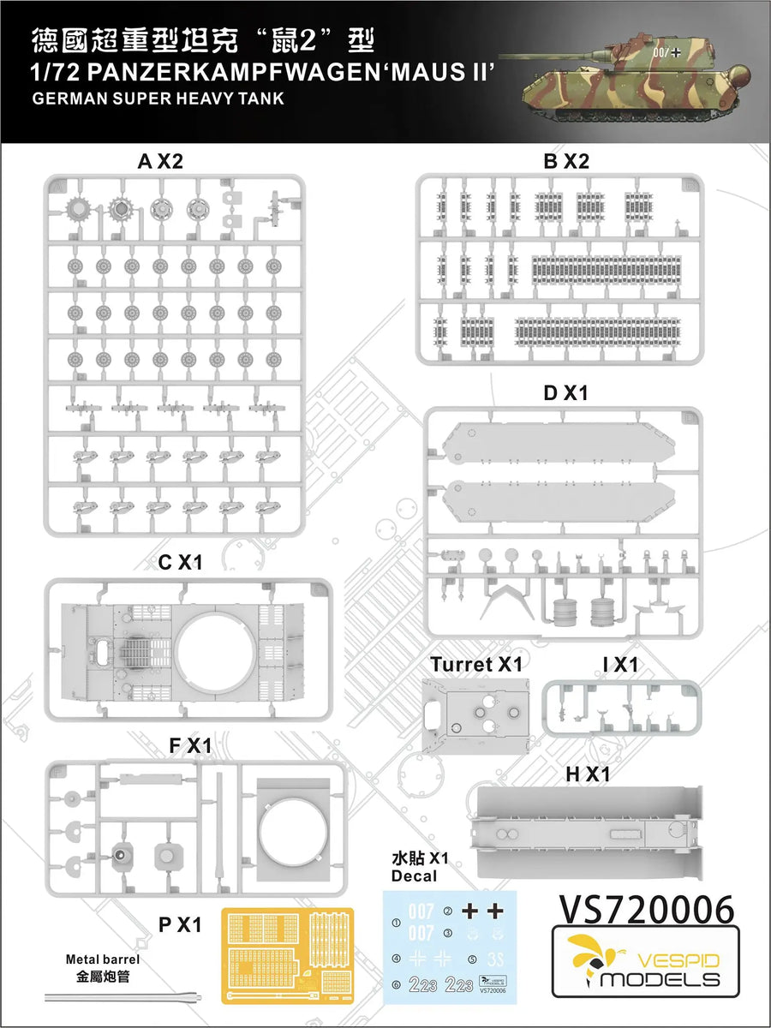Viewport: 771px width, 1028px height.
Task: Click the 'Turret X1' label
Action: tap(476, 664)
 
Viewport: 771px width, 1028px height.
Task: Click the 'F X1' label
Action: tap(189, 746)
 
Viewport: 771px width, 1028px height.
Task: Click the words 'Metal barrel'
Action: tap(102, 959)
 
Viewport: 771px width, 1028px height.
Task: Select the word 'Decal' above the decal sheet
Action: tap(414, 876)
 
